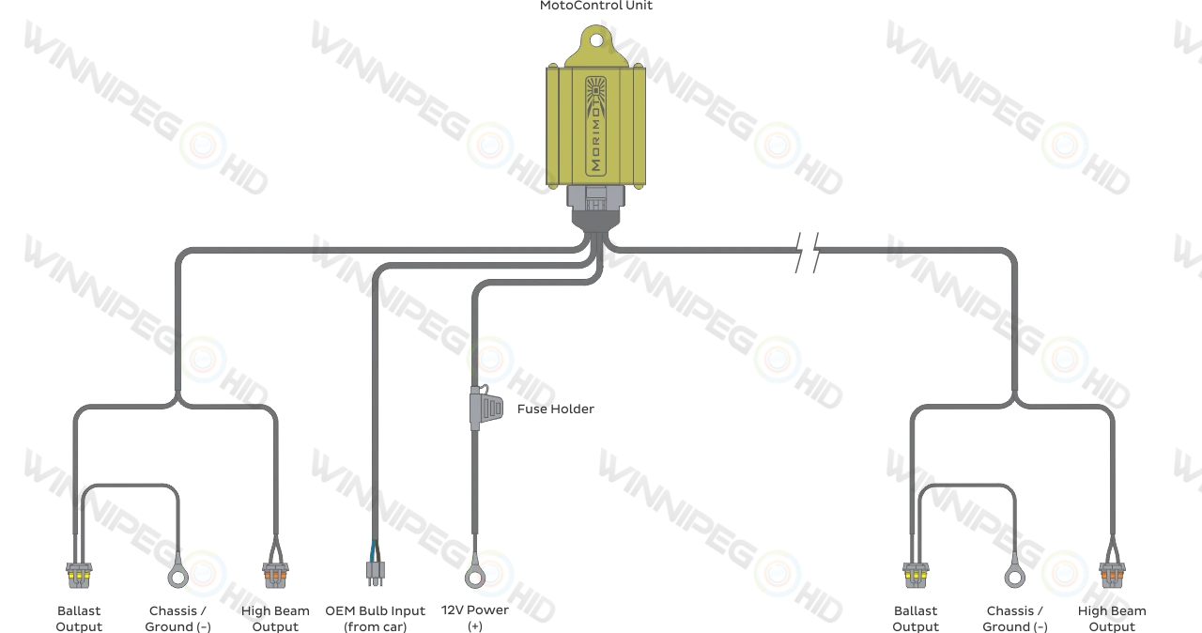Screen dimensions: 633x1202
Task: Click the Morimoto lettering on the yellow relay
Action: (x=595, y=141)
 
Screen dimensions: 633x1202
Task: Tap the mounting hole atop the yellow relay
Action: (x=595, y=40)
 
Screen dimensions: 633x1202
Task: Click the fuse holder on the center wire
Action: (x=483, y=408)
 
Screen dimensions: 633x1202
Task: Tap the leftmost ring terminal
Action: (x=177, y=575)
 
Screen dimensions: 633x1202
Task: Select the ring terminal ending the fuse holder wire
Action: (x=475, y=575)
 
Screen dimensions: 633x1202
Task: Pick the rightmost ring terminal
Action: (x=1014, y=575)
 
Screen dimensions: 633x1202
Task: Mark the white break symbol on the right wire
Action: (x=807, y=251)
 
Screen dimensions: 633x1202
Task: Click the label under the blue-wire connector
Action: (x=375, y=616)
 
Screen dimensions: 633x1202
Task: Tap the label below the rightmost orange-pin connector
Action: (x=1111, y=616)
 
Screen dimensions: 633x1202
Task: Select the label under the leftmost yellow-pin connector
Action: (x=78, y=616)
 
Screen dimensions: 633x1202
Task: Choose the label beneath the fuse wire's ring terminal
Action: (x=475, y=616)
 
